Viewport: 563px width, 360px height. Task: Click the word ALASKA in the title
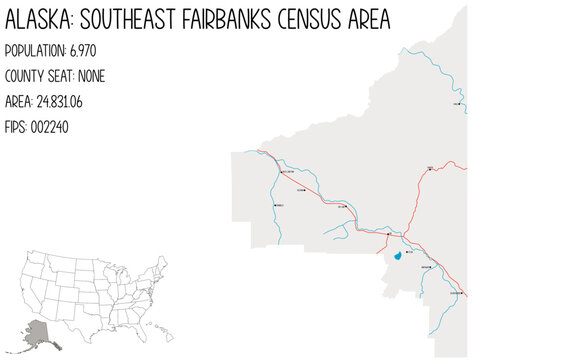click(39, 20)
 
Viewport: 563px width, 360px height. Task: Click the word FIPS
click(16, 127)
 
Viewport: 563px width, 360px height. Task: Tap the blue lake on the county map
click(398, 256)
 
